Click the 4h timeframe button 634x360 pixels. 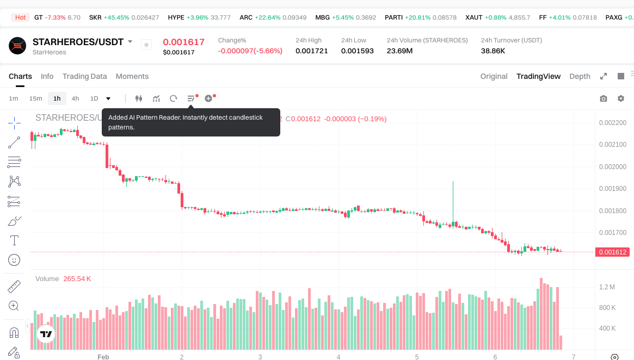[75, 98]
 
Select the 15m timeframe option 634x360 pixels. [35, 98]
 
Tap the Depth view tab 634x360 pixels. [580, 76]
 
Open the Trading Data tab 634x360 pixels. [84, 76]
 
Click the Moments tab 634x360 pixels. [132, 76]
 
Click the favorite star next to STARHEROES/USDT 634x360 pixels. [146, 45]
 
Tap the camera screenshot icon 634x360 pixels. [604, 98]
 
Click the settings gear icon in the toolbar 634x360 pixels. [621, 98]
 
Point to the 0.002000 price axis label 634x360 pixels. [612, 166]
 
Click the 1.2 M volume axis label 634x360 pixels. [607, 287]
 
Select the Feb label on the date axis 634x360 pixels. [103, 357]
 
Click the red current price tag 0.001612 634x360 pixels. [613, 252]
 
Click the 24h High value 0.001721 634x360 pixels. [312, 51]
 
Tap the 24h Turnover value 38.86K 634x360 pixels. [493, 51]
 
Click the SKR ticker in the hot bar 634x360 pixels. [95, 17]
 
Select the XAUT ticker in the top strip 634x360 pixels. [474, 17]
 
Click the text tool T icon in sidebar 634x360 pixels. [14, 240]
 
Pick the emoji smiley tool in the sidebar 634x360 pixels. [14, 260]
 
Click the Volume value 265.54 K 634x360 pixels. [77, 278]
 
